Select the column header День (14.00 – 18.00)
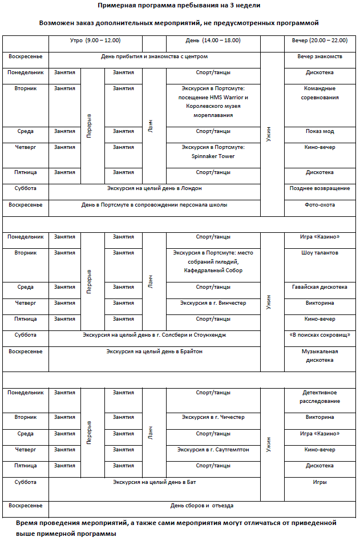[x=213, y=41]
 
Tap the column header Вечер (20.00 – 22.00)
[x=319, y=41]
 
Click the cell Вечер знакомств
[x=319, y=56]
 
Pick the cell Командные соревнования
[x=319, y=93]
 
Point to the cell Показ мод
[x=319, y=131]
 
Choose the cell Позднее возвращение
[x=319, y=188]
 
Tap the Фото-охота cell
[x=319, y=204]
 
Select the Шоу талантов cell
[x=319, y=253]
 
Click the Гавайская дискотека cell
[x=319, y=287]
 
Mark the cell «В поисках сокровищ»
[x=319, y=335]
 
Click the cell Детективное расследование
[x=319, y=397]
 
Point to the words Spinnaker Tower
[x=213, y=156]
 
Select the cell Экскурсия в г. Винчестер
[x=213, y=303]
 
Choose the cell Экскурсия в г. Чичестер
[x=213, y=417]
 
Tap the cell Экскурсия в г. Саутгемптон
[x=213, y=450]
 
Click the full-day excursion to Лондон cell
[x=155, y=188]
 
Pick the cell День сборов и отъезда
[x=202, y=505]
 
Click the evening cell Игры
[x=319, y=482]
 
